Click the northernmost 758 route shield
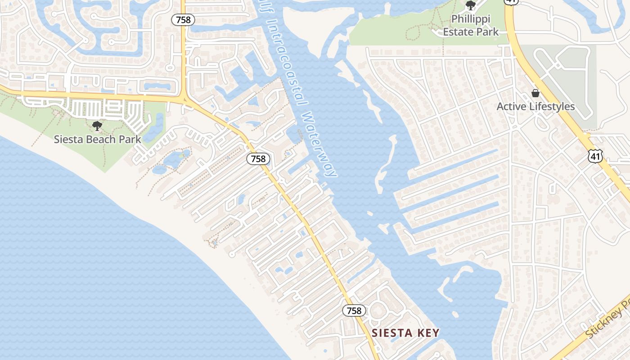click(x=184, y=19)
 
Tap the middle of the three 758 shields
click(x=258, y=159)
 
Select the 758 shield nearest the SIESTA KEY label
click(x=354, y=310)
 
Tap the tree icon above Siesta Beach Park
click(x=97, y=126)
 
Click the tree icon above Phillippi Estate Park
click(x=471, y=5)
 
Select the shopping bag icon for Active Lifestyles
click(x=535, y=93)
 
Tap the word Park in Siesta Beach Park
click(x=130, y=139)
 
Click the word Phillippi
click(x=471, y=19)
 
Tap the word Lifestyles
click(x=552, y=107)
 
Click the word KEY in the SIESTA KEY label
click(x=427, y=333)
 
